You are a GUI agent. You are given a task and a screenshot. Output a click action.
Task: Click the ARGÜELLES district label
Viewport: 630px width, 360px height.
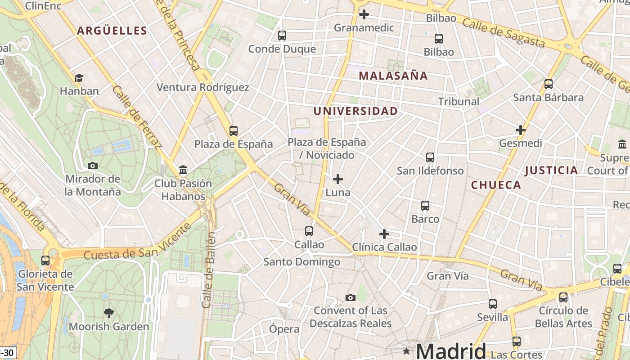pyautogui.click(x=112, y=31)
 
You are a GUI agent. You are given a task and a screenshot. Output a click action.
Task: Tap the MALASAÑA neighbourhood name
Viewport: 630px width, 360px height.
pyautogui.click(x=393, y=76)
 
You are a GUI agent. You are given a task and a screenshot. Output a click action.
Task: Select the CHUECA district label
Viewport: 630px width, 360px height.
pyautogui.click(x=496, y=185)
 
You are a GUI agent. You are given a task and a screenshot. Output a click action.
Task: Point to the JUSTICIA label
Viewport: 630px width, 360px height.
pyautogui.click(x=551, y=170)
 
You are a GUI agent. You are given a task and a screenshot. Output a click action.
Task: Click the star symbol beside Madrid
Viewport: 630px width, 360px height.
pyautogui.click(x=407, y=351)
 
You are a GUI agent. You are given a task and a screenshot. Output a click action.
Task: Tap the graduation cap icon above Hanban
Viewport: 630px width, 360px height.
pyautogui.click(x=79, y=78)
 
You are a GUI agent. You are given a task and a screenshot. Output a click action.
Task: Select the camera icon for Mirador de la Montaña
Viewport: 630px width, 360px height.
pyautogui.click(x=93, y=166)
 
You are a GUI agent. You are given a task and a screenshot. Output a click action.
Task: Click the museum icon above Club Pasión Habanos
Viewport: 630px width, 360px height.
pyautogui.click(x=183, y=170)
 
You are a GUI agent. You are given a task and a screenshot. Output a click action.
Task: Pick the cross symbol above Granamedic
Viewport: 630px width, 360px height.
pyautogui.click(x=364, y=14)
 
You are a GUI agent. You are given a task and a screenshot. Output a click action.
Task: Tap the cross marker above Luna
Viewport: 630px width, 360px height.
pyautogui.click(x=338, y=179)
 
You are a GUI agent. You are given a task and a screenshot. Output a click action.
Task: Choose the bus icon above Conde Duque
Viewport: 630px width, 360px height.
pyautogui.click(x=282, y=36)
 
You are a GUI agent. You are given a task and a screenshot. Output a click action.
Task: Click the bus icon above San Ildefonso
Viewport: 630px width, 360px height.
pyautogui.click(x=430, y=157)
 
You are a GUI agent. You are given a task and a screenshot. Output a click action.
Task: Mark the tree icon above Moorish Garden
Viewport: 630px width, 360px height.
pyautogui.click(x=108, y=313)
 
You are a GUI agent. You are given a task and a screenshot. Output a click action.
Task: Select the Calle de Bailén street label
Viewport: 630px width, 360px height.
pyautogui.click(x=209, y=270)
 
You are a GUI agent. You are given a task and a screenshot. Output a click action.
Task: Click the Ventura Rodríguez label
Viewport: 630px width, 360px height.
pyautogui.click(x=202, y=87)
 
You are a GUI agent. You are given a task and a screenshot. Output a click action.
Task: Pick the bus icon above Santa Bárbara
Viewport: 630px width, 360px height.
pyautogui.click(x=548, y=84)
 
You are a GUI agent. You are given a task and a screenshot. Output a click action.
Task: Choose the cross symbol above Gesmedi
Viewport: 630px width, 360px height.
pyautogui.click(x=521, y=130)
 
